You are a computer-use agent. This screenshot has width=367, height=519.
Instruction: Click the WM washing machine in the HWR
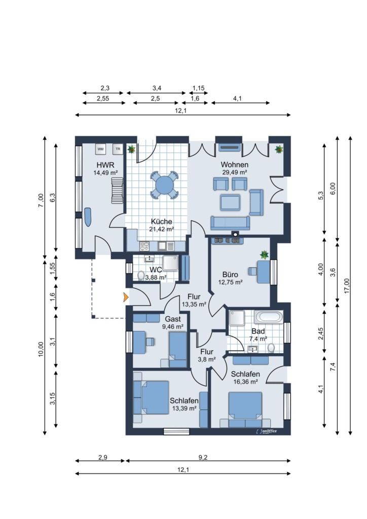click(100, 149)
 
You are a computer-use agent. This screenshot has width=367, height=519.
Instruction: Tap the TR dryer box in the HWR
click(118, 149)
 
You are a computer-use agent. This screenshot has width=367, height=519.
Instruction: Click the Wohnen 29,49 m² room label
click(234, 168)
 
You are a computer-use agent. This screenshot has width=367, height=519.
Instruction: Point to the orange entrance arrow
click(125, 297)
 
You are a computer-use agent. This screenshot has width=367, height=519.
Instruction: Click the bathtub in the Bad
click(269, 317)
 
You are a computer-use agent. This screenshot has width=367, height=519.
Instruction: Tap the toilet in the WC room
click(141, 275)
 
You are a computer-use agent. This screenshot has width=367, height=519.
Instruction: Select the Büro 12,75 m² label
click(230, 278)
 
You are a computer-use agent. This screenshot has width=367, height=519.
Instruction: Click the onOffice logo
click(267, 431)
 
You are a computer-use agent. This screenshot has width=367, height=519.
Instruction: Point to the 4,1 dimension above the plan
click(237, 98)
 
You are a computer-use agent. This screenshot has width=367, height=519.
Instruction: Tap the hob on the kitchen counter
click(144, 246)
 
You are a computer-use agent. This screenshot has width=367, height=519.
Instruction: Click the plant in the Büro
click(265, 255)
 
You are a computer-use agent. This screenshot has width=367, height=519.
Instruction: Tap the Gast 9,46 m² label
click(173, 323)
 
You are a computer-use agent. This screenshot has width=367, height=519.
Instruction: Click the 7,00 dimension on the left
click(41, 201)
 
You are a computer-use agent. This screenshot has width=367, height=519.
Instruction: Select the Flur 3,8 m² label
click(207, 355)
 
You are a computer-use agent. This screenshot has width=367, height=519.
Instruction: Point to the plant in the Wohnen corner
click(279, 150)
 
